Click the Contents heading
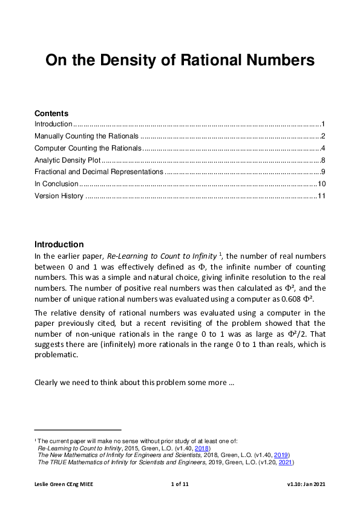[51, 113]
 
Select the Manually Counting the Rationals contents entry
[87, 136]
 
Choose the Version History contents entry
[59, 196]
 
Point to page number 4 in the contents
[324, 148]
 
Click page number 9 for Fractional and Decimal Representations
[324, 172]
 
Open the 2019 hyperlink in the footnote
[282, 455]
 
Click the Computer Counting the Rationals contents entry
[88, 148]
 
